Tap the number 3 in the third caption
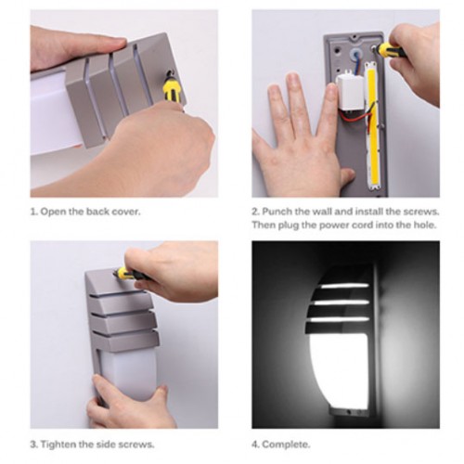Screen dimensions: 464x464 33,445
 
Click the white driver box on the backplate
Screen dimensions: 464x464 350,92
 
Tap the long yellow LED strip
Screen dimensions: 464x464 372,127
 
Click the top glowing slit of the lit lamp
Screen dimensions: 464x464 344,286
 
